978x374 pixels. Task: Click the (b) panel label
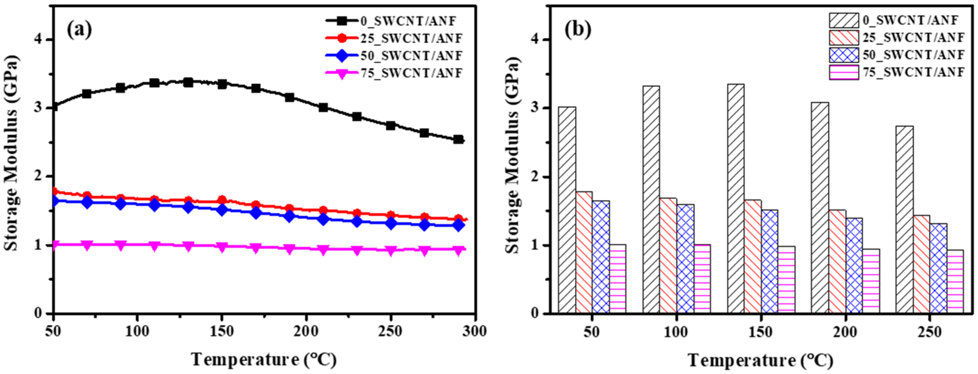point(577,30)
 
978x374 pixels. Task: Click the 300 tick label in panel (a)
point(475,331)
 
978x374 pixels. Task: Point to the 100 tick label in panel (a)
point(138,331)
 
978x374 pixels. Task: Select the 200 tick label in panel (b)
point(845,332)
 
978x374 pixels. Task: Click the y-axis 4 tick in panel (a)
point(38,39)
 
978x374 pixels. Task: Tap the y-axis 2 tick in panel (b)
point(535,177)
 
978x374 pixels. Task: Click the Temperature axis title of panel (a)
point(264,359)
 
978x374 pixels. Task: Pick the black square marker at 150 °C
point(222,84)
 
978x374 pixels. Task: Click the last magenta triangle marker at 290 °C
point(458,251)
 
